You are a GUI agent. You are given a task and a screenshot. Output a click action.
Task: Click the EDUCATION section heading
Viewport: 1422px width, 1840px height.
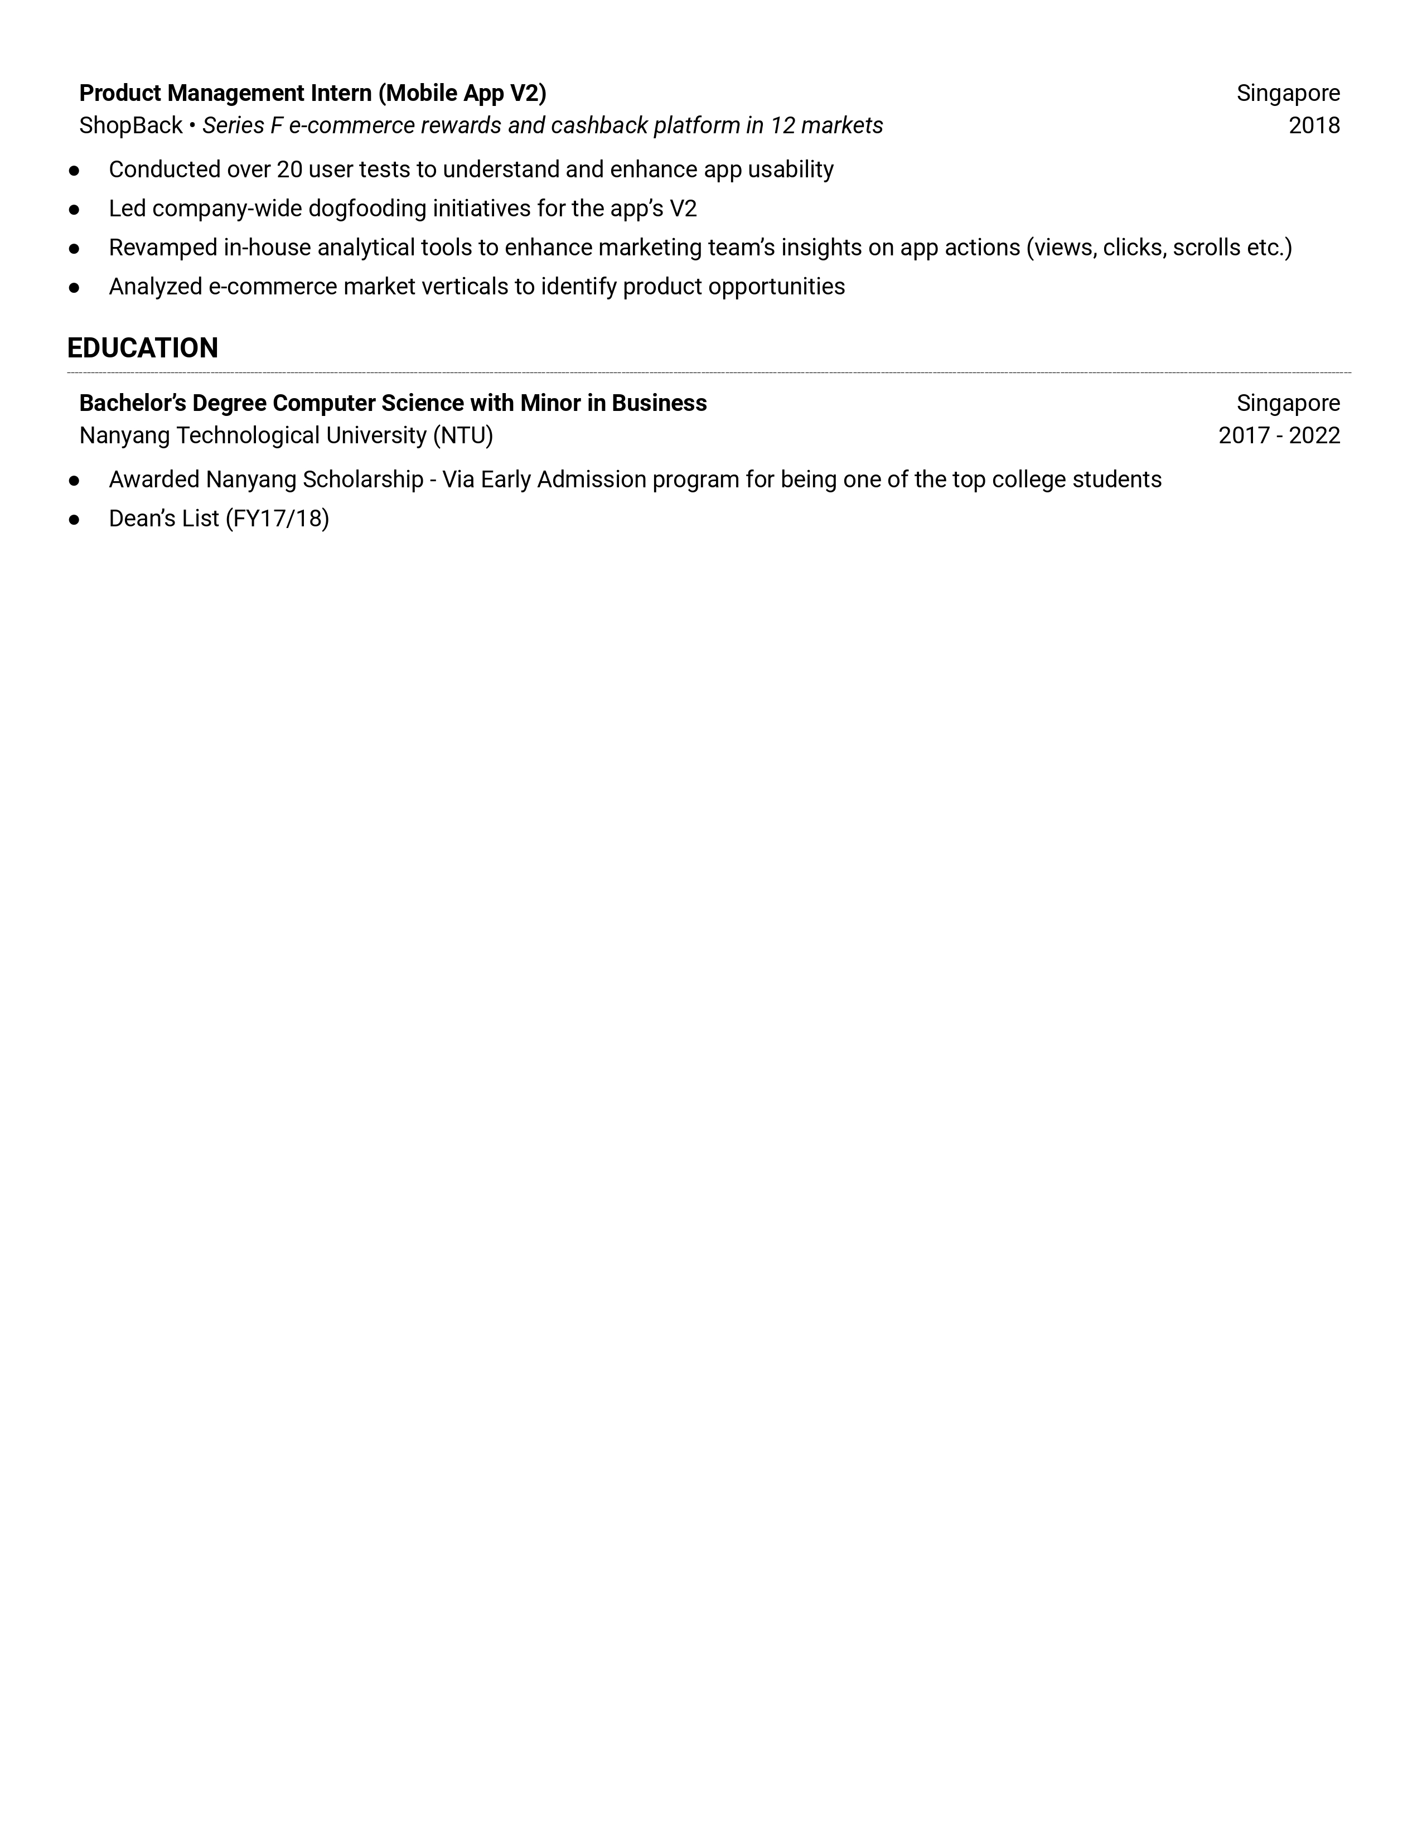tap(142, 348)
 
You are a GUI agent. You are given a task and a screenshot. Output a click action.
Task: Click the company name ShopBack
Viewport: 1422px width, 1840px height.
tap(130, 125)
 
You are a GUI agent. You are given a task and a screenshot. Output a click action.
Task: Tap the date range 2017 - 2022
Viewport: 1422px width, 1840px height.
tap(1278, 435)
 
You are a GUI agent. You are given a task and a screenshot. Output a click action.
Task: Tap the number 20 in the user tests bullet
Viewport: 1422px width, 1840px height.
tap(289, 170)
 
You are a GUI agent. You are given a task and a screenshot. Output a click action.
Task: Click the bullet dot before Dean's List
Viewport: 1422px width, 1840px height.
tap(74, 520)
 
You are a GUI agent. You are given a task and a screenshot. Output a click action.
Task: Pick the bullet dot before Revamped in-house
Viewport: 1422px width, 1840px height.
tap(74, 249)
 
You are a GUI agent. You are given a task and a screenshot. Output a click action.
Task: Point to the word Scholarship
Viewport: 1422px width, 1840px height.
tap(362, 480)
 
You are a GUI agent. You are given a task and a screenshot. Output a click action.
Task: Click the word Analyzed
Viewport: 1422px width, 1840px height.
tap(155, 287)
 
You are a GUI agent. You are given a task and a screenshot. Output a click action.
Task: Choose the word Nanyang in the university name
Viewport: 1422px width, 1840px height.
tap(125, 435)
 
